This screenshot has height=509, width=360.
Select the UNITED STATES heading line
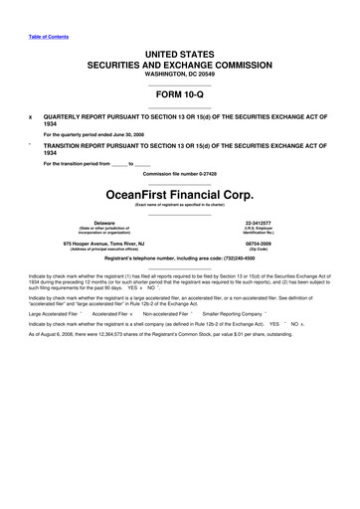click(x=180, y=52)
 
